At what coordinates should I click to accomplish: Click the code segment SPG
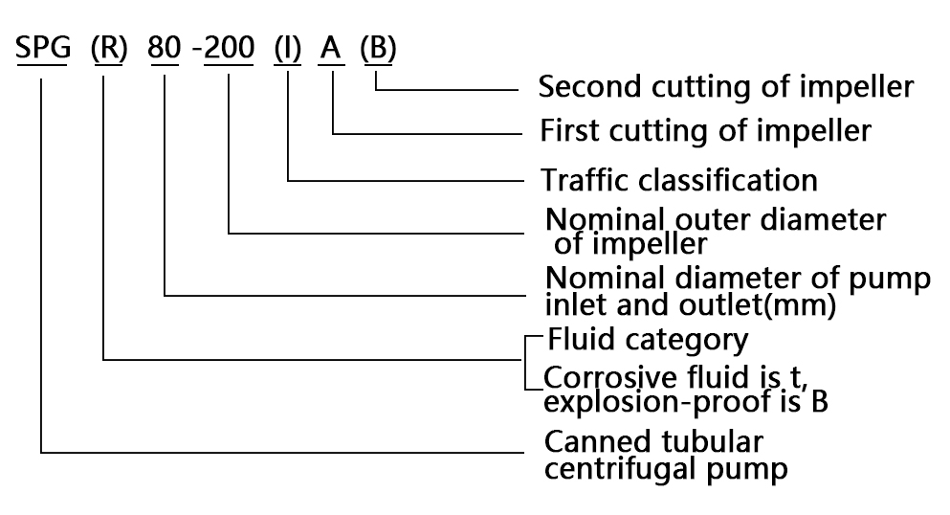pyautogui.click(x=43, y=48)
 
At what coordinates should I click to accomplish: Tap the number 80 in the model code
pyautogui.click(x=165, y=48)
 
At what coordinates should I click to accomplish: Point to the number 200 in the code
pyautogui.click(x=230, y=48)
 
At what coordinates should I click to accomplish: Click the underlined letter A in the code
pyautogui.click(x=331, y=48)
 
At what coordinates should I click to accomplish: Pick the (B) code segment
pyautogui.click(x=378, y=48)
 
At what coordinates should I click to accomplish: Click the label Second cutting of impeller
pyautogui.click(x=726, y=87)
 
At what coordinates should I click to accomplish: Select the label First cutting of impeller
pyautogui.click(x=706, y=129)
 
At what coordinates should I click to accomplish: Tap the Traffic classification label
pyautogui.click(x=679, y=179)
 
